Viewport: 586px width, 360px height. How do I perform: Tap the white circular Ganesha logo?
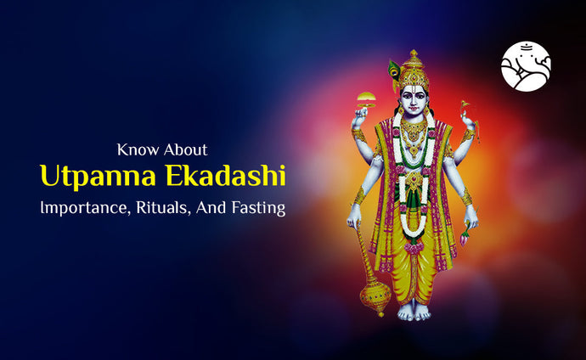[x=526, y=65]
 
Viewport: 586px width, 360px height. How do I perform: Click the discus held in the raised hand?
[x=367, y=99]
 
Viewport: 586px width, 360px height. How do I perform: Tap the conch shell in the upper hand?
[x=465, y=110]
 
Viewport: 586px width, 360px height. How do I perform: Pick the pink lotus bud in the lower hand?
[x=465, y=239]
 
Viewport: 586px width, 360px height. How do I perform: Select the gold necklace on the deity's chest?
[x=414, y=132]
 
